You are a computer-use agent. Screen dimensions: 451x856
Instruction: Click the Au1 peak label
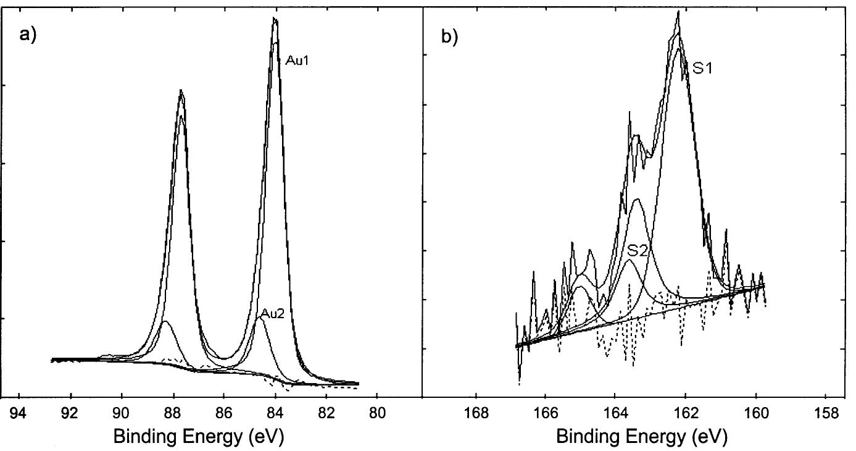tap(297, 60)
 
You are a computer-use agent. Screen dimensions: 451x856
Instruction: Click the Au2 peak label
tap(272, 313)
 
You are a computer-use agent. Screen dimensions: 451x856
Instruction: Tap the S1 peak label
tap(702, 69)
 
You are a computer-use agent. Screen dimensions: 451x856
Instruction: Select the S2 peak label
tap(638, 251)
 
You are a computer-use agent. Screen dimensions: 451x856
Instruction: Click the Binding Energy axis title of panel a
tap(199, 436)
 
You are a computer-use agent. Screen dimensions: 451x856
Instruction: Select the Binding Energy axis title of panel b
tap(642, 436)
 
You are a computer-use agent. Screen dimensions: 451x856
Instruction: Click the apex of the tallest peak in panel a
tap(275, 19)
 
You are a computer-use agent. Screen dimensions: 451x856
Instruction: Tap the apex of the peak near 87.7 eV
tap(181, 90)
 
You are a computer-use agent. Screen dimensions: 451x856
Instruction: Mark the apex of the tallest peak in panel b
tap(678, 11)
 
